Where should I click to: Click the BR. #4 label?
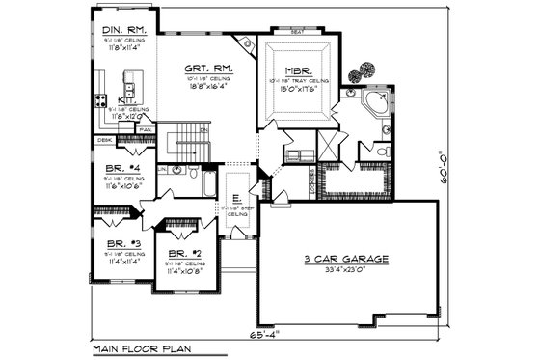pos(123,167)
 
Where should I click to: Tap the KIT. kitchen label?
pos(125,100)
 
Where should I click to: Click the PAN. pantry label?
pos(146,129)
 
